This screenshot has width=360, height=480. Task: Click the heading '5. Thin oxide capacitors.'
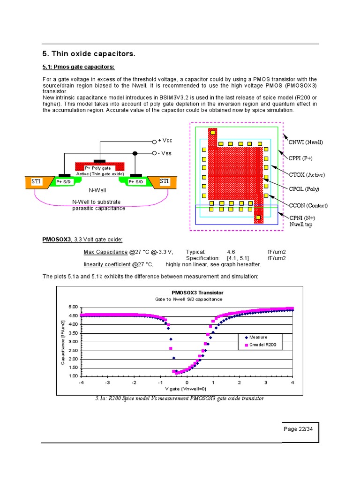pos(89,54)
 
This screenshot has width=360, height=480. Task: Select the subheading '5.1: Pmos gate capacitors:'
pos(78,67)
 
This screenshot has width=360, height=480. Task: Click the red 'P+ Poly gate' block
pos(100,167)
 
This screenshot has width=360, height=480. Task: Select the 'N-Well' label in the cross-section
pos(98,191)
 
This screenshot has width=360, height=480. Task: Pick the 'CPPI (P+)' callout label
pos(301,158)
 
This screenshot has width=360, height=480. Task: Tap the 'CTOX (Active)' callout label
pos(307,175)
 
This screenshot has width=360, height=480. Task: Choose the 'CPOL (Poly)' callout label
pos(304,189)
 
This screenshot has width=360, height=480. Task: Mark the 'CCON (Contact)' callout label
pos(308,205)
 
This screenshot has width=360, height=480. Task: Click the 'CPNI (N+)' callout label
pos(302,218)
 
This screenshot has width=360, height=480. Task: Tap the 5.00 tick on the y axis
pos(73,307)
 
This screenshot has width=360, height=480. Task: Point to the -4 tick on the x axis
pos(81,382)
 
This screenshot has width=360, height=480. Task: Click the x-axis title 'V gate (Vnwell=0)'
pos(187,389)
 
